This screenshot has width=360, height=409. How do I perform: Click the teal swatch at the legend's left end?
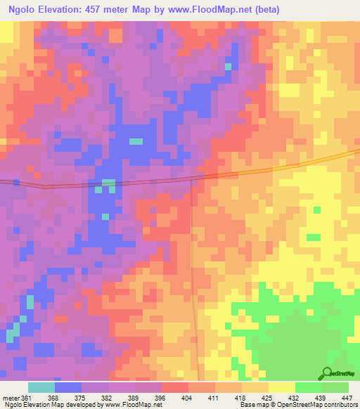tap(41, 387)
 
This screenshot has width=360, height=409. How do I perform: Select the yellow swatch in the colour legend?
tap(282, 387)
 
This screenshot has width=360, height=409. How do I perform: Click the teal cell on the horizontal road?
tap(108, 184)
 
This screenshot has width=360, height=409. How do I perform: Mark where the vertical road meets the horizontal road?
tap(193, 180)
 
